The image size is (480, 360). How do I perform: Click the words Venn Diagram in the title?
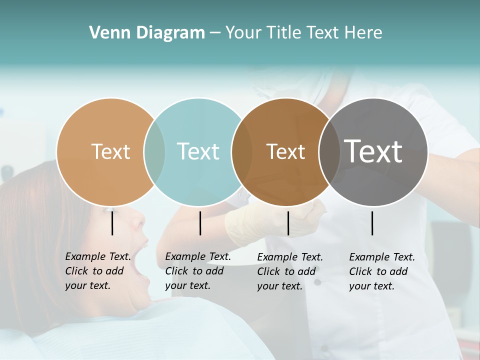click(x=147, y=33)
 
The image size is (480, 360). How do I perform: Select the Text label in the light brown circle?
click(x=110, y=151)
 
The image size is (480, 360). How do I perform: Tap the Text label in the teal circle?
click(x=198, y=151)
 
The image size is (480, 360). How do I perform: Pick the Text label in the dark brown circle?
click(x=285, y=151)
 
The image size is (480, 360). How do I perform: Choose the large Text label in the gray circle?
click(x=373, y=151)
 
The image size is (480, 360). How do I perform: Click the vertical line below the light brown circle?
click(x=112, y=223)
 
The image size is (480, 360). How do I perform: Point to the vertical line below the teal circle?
click(x=200, y=223)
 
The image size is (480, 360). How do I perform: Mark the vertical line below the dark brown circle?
click(x=288, y=223)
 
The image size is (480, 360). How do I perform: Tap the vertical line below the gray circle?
click(x=372, y=223)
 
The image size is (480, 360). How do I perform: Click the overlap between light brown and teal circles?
click(x=154, y=152)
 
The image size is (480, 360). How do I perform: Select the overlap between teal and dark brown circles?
click(x=242, y=152)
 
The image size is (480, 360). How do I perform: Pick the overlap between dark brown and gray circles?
click(x=327, y=152)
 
